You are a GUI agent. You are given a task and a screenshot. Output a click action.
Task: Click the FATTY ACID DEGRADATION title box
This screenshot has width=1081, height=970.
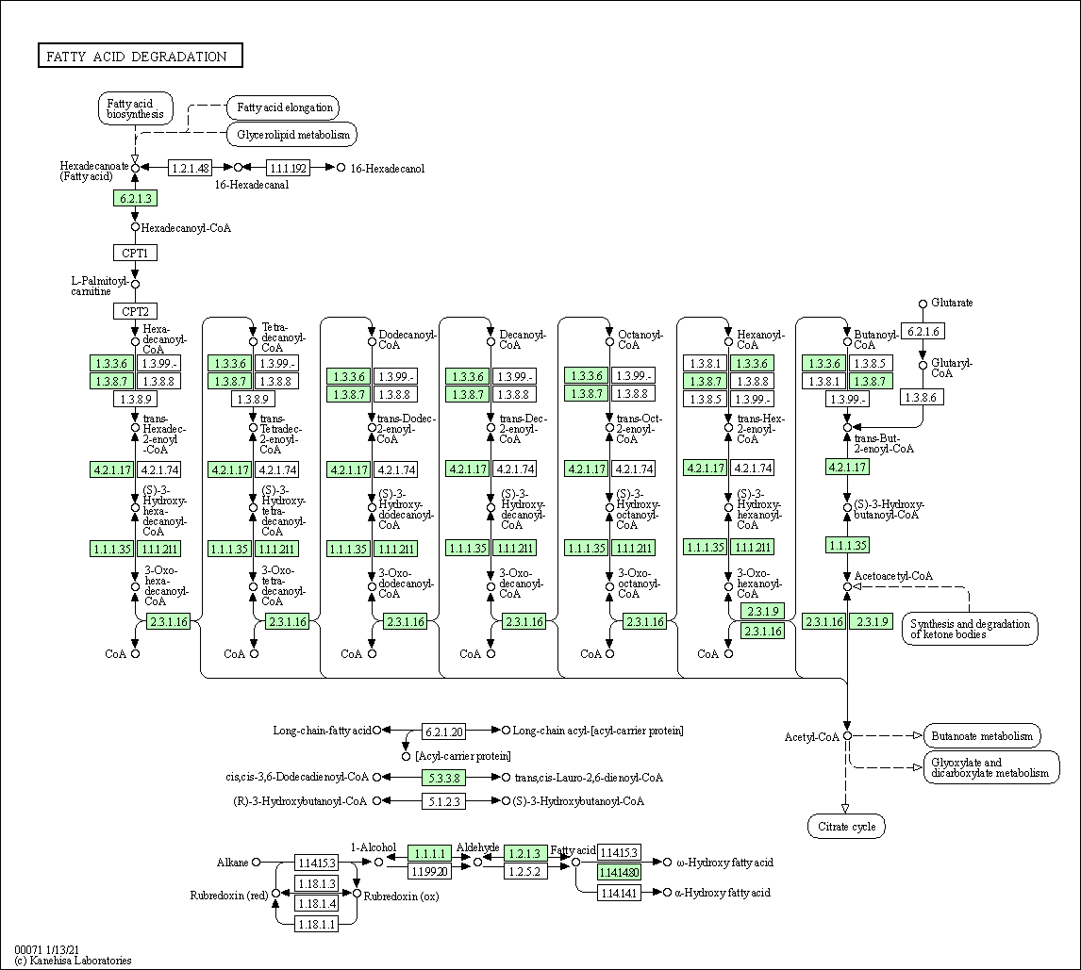click(140, 57)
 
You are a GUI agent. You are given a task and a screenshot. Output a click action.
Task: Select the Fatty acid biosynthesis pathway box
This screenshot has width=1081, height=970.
click(136, 108)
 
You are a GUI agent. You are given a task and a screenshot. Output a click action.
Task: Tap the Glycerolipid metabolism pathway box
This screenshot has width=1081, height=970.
click(291, 135)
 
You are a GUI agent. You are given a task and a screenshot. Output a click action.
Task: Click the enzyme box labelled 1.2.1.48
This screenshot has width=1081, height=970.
click(190, 168)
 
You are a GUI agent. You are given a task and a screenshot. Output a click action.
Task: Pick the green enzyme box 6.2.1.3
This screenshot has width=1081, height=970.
click(134, 198)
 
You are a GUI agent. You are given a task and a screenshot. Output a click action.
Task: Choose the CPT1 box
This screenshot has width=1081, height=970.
click(135, 253)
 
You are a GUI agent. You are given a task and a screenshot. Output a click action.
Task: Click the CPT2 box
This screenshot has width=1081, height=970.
click(135, 311)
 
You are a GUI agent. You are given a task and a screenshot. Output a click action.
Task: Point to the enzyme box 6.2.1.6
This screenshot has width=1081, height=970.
click(923, 331)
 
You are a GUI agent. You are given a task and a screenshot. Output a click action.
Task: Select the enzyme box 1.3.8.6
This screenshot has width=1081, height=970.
click(923, 398)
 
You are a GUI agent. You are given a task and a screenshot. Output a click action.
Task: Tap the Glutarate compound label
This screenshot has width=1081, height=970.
click(952, 303)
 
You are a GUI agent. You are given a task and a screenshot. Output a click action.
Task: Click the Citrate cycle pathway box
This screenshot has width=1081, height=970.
click(846, 827)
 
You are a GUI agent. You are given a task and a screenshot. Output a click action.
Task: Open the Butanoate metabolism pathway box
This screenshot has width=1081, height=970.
click(982, 735)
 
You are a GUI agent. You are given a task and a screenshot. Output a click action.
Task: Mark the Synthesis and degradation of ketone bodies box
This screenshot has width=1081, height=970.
click(969, 629)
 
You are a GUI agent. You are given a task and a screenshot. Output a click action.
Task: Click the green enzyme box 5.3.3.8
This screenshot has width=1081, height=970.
click(443, 777)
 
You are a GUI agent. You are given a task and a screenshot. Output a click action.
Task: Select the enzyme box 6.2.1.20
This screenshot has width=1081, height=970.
click(443, 731)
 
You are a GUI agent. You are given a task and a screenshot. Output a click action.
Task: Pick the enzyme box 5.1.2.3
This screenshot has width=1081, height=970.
click(443, 801)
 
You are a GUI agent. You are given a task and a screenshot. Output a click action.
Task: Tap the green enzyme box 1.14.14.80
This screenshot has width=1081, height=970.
click(619, 872)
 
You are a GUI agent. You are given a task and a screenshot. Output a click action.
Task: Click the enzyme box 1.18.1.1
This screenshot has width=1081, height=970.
click(316, 925)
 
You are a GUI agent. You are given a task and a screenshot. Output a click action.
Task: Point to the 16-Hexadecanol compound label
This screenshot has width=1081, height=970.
click(388, 168)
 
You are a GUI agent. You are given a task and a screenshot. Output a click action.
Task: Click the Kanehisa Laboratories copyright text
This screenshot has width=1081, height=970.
click(73, 961)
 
